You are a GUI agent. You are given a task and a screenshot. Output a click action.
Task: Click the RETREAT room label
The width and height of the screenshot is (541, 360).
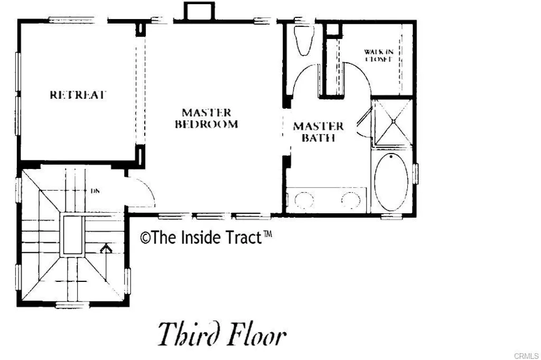pyautogui.click(x=78, y=95)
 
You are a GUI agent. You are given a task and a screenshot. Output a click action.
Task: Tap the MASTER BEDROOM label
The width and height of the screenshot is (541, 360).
pyautogui.click(x=207, y=119)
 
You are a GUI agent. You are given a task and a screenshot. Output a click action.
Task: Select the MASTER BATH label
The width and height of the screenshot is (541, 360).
pyautogui.click(x=318, y=132)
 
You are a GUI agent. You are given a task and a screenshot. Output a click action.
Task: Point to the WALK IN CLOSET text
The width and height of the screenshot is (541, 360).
pyautogui.click(x=378, y=55)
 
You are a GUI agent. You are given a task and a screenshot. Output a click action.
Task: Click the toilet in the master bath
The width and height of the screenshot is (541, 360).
pyautogui.click(x=303, y=41)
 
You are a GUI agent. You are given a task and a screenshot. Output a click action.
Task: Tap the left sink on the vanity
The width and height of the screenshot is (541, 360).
pyautogui.click(x=303, y=201)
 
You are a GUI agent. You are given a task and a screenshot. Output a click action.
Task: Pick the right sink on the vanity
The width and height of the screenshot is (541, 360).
pyautogui.click(x=351, y=201)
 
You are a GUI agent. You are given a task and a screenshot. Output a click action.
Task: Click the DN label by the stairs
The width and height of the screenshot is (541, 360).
pyautogui.click(x=95, y=191)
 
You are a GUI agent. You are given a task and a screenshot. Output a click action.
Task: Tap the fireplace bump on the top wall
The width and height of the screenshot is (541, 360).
pyautogui.click(x=198, y=11)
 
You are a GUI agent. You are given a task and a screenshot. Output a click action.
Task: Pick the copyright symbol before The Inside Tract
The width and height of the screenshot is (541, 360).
pyautogui.click(x=145, y=238)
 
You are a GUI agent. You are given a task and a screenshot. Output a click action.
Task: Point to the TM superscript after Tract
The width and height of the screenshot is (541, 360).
pyautogui.click(x=267, y=234)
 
